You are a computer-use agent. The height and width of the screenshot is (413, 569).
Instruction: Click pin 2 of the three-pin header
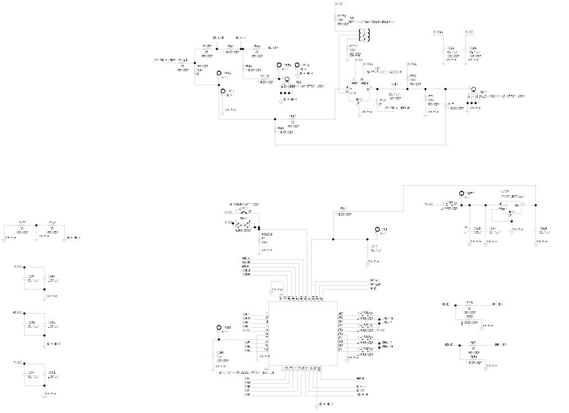pyautogui.click(x=363, y=35)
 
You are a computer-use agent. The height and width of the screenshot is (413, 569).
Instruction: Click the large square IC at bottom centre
pyautogui.click(x=303, y=333)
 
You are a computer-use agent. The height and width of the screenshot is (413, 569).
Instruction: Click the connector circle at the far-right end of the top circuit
pyautogui.click(x=474, y=89)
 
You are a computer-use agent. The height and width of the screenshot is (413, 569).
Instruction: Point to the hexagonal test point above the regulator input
pyautogui.click(x=462, y=194)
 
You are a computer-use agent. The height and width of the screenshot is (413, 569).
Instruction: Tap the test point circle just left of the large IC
pyautogui.click(x=220, y=328)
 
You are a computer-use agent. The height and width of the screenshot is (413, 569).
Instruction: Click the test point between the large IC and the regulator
pyautogui.click(x=377, y=230)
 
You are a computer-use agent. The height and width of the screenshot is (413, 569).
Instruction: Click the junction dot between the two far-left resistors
pyautogui.click(x=36, y=225)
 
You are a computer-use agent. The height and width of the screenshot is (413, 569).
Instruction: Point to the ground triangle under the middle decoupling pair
pyautogui.click(x=44, y=343)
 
